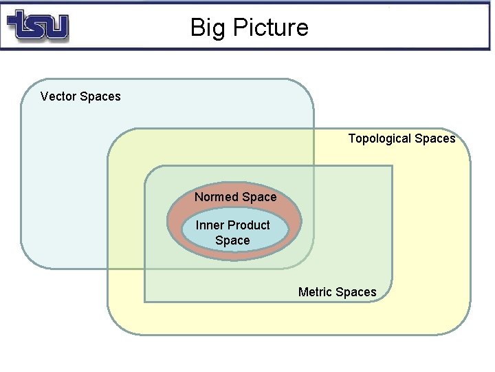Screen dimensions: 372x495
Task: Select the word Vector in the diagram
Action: (58, 96)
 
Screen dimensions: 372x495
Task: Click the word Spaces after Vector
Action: (100, 96)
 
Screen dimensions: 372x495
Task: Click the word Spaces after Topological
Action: (435, 138)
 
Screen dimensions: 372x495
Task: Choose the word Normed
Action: (214, 197)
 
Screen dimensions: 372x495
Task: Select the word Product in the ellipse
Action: (248, 225)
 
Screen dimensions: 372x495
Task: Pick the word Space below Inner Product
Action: (232, 240)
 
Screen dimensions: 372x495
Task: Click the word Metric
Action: (316, 292)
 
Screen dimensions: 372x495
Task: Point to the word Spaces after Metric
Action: (357, 292)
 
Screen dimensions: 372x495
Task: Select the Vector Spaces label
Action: (80, 96)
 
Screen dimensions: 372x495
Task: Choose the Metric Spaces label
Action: (338, 292)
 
